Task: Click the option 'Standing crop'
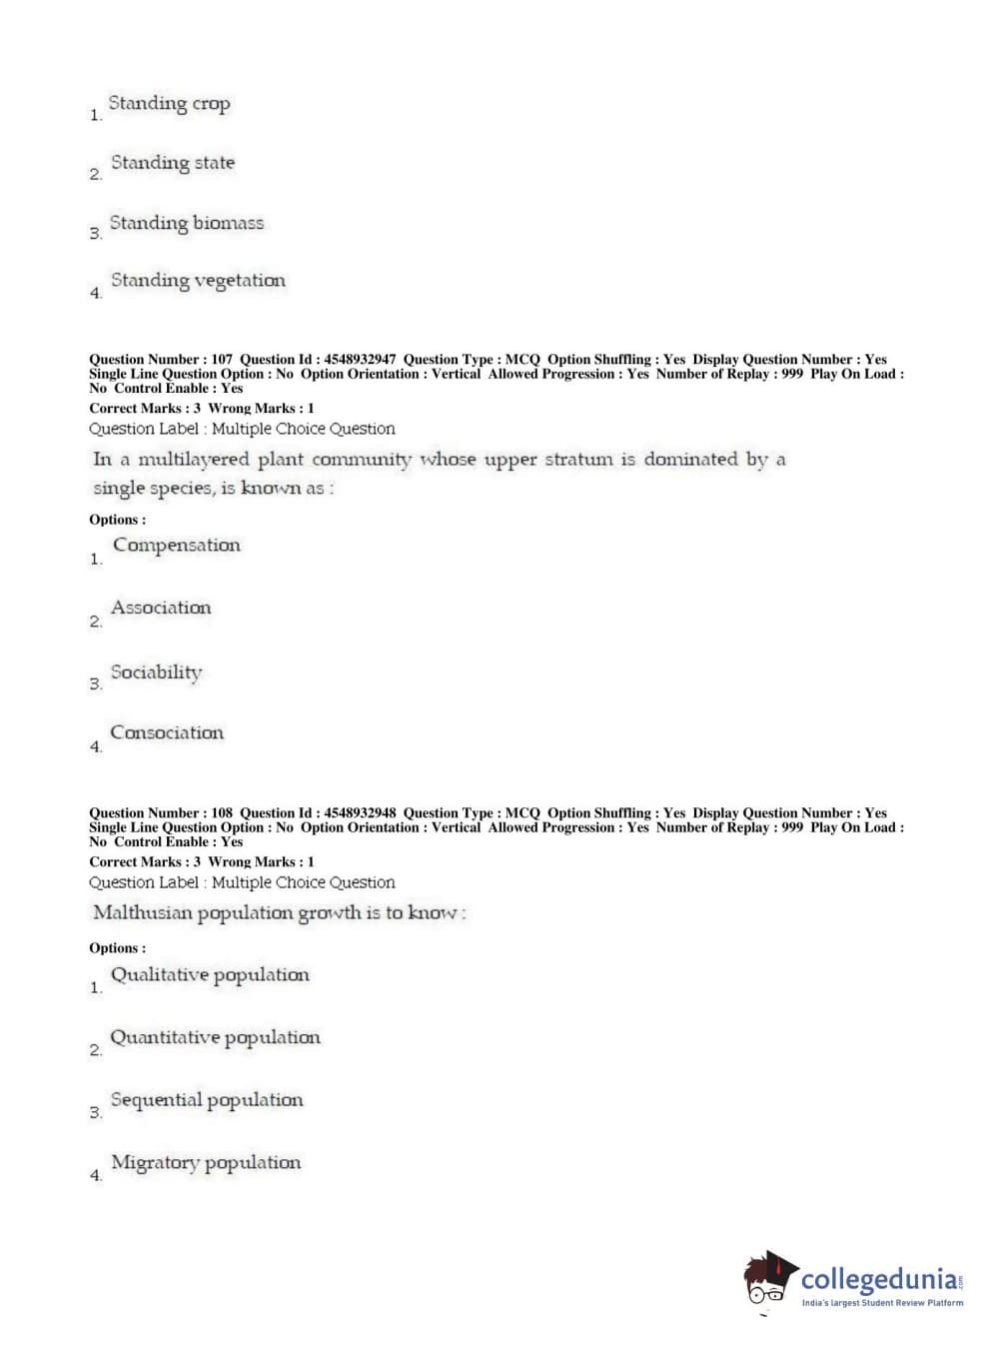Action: tap(169, 104)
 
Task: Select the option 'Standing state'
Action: tap(172, 163)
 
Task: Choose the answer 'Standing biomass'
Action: tap(186, 223)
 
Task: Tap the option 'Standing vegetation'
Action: tap(198, 281)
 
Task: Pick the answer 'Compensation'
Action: tap(176, 546)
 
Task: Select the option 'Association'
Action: tap(161, 608)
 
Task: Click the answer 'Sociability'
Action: tap(156, 673)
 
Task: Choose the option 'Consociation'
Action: tap(167, 732)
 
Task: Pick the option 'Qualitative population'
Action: tap(210, 975)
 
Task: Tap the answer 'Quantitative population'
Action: tap(215, 1037)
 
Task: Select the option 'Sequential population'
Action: tap(206, 1100)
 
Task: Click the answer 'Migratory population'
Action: tap(205, 1162)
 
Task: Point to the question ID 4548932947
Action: tap(359, 360)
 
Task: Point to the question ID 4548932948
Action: tap(359, 813)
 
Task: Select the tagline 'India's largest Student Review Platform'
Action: tap(882, 1303)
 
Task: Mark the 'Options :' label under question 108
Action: tap(117, 948)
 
